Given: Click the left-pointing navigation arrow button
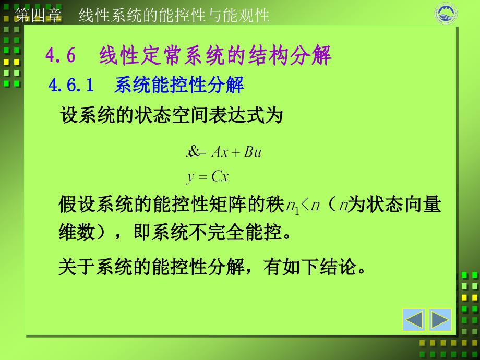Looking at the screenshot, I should pos(414,319).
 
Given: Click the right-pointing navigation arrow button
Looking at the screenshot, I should pos(440,319).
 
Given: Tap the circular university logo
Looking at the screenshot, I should pos(446,14).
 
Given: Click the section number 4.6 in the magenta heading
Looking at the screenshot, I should pos(61,56).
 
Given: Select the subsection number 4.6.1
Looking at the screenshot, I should pos(71,86).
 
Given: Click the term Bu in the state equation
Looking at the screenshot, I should pos(253,152).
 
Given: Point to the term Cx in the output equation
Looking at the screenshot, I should pos(220,177).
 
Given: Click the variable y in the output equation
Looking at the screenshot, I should pos(191,178).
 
